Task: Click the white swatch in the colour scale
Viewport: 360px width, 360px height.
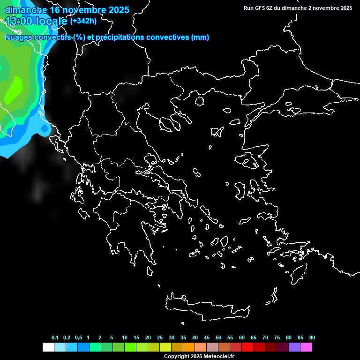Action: pos(48,347)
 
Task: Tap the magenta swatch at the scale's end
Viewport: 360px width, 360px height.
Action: pos(306,347)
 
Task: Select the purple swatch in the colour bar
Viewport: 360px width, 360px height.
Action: pos(294,347)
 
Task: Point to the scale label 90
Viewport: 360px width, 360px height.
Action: pos(312,337)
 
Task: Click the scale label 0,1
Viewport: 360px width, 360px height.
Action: pos(55,337)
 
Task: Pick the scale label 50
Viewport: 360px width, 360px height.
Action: pos(218,337)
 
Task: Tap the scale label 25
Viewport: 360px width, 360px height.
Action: pos(160,337)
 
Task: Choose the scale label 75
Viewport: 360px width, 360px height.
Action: pos(277,337)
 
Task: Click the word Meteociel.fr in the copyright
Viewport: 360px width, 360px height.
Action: pos(218,357)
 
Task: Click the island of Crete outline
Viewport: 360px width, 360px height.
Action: pos(206,307)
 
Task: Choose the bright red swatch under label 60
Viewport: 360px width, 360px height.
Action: pos(247,347)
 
